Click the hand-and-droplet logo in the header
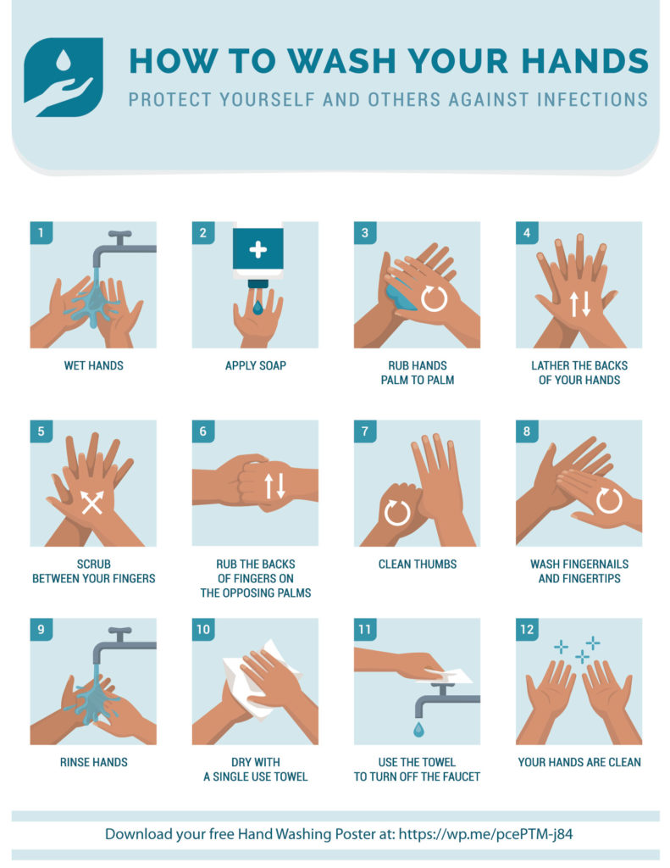(64, 76)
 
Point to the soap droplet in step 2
(257, 306)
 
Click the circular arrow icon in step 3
(435, 298)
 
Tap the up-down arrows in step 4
(580, 303)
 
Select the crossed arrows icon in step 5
(92, 502)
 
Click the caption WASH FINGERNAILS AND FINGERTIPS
(579, 571)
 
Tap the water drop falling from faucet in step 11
(418, 729)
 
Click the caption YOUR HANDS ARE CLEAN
(579, 762)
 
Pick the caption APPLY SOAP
(255, 366)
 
